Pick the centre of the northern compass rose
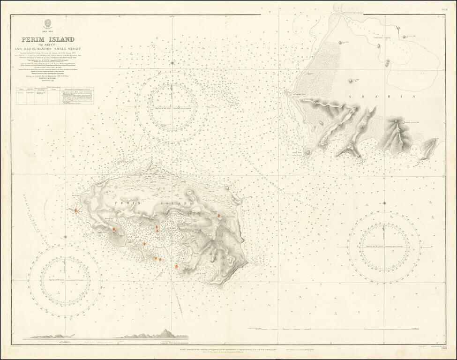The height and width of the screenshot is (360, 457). pyautogui.click(x=172, y=106)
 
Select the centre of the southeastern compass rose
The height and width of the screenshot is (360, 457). pyautogui.click(x=384, y=243)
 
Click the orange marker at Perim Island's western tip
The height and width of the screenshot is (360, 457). pyautogui.click(x=75, y=211)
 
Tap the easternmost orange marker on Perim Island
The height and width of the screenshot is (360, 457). pyautogui.click(x=219, y=216)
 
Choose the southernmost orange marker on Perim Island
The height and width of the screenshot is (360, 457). pyautogui.click(x=176, y=266)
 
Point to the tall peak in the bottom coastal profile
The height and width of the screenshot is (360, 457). pyautogui.click(x=165, y=332)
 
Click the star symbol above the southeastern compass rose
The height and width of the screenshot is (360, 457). pyautogui.click(x=384, y=203)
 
